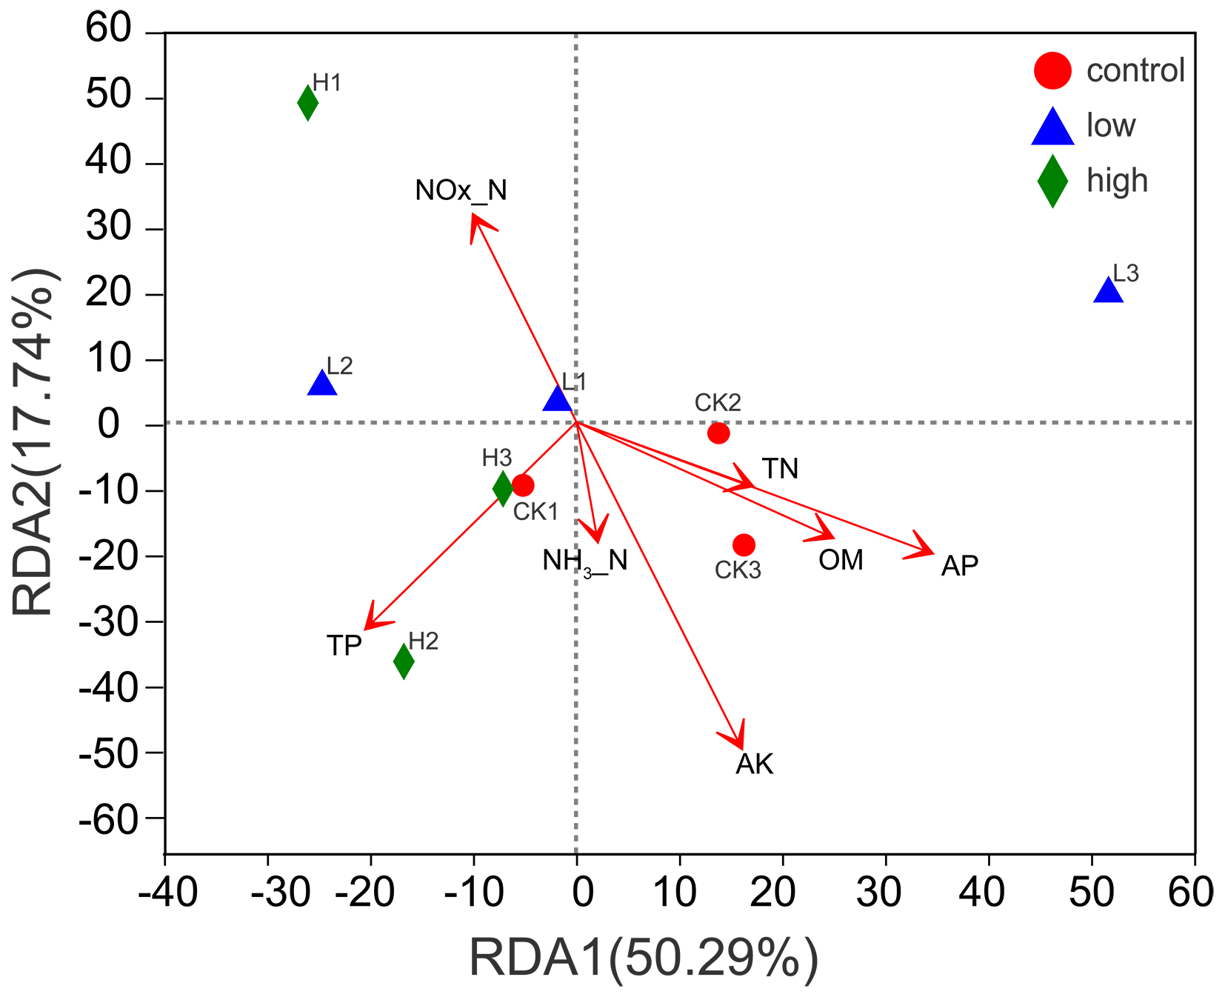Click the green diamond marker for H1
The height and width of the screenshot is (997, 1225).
308,103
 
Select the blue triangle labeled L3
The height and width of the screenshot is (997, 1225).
1108,291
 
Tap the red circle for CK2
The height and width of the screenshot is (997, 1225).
718,433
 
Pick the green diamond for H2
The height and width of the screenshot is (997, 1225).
404,661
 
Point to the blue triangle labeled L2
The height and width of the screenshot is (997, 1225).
322,384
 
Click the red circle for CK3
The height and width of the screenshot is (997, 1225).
744,545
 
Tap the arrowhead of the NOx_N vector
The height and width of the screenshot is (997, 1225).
473,216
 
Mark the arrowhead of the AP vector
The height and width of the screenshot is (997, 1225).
932,553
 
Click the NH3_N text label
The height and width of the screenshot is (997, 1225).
584,561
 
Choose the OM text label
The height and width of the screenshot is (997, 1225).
841,560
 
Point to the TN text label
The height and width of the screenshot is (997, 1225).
780,469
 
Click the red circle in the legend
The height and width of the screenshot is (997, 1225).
1052,70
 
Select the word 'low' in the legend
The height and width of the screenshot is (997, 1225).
1110,126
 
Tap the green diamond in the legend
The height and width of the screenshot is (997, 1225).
1052,181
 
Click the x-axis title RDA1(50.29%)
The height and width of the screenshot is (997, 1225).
644,958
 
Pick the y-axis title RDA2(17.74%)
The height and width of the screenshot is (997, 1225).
33,442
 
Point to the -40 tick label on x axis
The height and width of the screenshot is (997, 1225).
168,892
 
